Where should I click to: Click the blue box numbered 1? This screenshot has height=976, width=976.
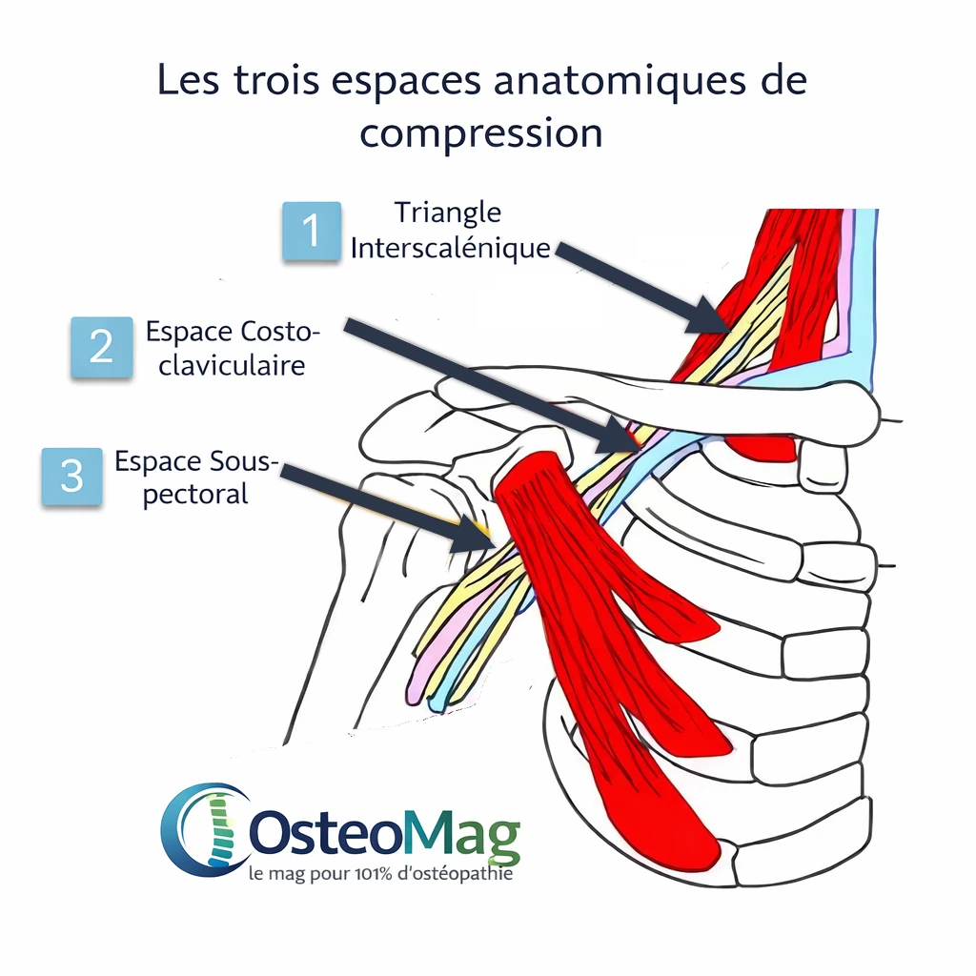(x=312, y=232)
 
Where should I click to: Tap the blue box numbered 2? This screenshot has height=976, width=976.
(x=102, y=348)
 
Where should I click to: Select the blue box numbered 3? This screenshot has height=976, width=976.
(x=72, y=477)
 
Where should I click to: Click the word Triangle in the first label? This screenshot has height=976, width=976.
(x=448, y=213)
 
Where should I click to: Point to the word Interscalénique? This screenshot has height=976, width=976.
(x=451, y=248)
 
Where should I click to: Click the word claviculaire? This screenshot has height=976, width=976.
(x=232, y=365)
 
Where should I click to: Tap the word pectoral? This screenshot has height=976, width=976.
(x=195, y=495)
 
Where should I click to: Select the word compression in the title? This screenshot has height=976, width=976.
(x=481, y=132)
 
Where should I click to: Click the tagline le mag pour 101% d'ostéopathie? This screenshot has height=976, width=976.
(x=379, y=873)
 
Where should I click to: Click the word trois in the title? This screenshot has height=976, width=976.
(x=282, y=82)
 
